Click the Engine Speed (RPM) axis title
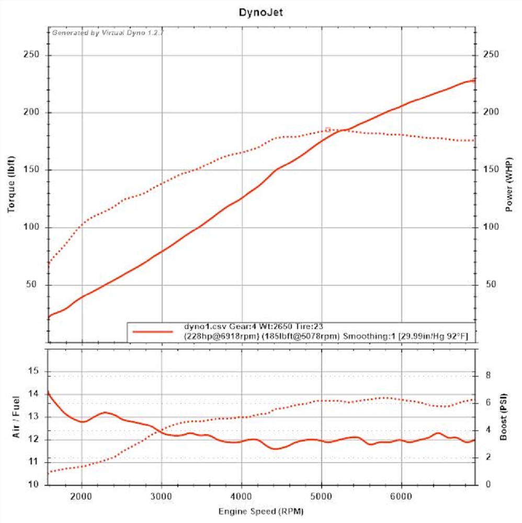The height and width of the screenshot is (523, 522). coord(261,510)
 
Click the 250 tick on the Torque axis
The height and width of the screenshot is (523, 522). coord(32,55)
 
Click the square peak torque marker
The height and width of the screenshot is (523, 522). coord(328,129)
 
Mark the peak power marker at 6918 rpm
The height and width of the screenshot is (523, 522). coord(474,80)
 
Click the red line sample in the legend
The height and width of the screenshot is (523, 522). coord(152,332)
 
